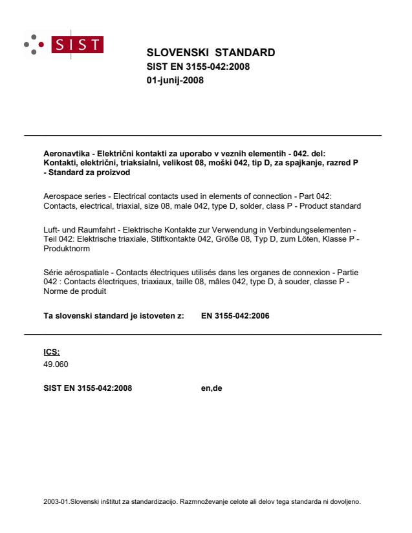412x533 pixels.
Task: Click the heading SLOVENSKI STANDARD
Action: point(211,52)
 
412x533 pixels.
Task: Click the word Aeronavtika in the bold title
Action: point(56,153)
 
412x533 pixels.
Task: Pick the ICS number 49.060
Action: point(46,363)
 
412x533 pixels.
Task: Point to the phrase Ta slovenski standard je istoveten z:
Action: point(109,317)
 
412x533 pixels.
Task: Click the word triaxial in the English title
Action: point(126,205)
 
